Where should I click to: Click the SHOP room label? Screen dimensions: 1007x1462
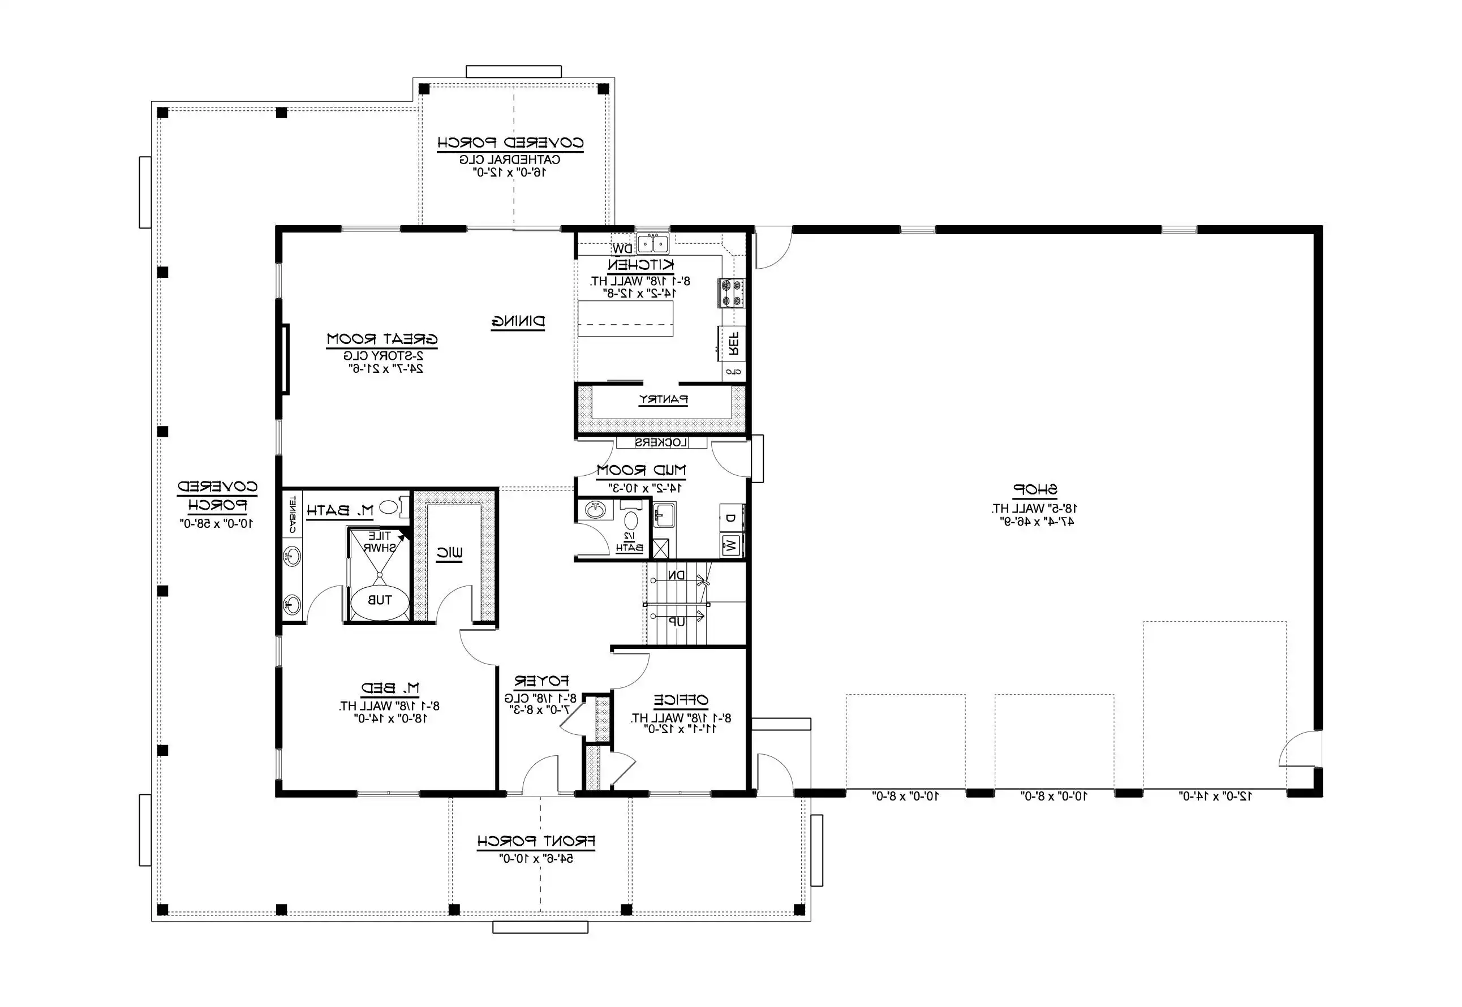1035,489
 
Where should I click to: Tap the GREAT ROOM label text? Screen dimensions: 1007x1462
382,339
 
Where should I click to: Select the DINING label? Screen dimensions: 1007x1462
518,322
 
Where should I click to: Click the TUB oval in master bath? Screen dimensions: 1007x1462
379,600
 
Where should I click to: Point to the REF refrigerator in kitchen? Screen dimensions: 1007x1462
733,344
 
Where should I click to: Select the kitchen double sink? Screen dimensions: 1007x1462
652,243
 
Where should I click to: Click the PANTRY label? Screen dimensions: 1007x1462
663,399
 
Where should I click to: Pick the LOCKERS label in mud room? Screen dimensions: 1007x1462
661,443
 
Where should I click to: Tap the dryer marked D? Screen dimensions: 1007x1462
730,518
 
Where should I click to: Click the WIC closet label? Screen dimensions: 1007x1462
450,553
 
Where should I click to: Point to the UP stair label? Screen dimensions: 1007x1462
677,622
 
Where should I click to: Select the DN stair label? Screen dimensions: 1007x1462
677,575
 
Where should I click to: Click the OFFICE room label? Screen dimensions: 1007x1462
681,700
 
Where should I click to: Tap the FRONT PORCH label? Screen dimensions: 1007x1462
536,841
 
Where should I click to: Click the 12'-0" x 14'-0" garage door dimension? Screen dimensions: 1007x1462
1215,796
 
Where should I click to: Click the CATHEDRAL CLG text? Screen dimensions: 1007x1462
510,159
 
